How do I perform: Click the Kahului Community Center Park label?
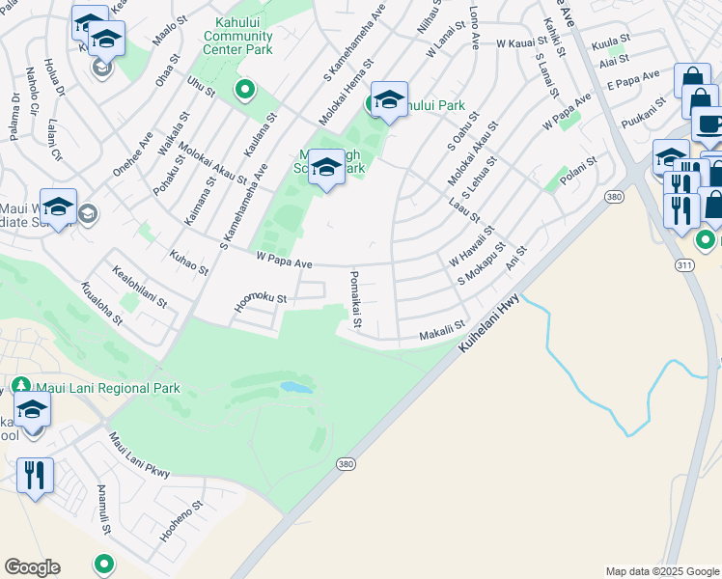[237, 35]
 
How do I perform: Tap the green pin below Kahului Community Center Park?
[245, 91]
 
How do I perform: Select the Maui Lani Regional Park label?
[106, 389]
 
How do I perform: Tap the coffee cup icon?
[709, 124]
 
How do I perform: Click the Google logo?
[32, 567]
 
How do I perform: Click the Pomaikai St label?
[354, 299]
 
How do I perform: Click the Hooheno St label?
[181, 519]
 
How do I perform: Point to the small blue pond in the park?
[296, 387]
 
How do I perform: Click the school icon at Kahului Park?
[389, 100]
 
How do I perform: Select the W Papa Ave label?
[284, 262]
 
